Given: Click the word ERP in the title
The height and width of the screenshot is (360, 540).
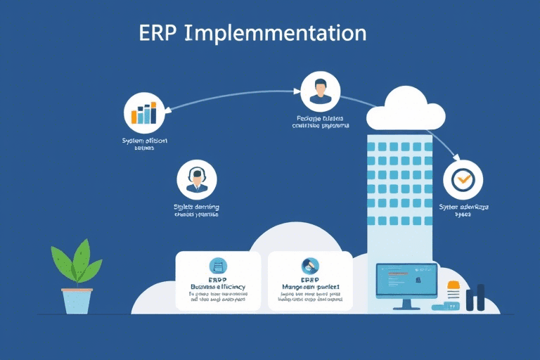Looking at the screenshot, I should pyautogui.click(x=157, y=34).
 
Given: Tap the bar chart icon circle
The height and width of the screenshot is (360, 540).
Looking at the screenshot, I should pyautogui.click(x=145, y=113).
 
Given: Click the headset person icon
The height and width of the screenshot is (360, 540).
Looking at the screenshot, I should pyautogui.click(x=197, y=180).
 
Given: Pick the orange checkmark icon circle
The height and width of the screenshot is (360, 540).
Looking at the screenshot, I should pyautogui.click(x=463, y=180).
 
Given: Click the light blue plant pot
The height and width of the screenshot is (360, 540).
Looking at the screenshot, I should pyautogui.click(x=77, y=300).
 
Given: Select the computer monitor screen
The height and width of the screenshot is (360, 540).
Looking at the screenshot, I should pyautogui.click(x=406, y=279).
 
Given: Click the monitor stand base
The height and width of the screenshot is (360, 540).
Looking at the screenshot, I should pyautogui.click(x=406, y=307).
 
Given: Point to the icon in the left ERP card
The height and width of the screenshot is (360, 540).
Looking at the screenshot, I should pyautogui.click(x=218, y=266).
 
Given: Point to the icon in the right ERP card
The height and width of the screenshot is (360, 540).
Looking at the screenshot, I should pyautogui.click(x=310, y=265).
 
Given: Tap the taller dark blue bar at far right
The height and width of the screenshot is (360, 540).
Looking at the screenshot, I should pyautogui.click(x=480, y=297).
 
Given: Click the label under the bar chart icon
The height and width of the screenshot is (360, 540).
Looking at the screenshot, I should pyautogui.click(x=144, y=145).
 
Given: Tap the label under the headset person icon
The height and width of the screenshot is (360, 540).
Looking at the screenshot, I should pyautogui.click(x=196, y=211).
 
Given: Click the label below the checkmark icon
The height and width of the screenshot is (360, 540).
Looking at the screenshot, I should pyautogui.click(x=463, y=211).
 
